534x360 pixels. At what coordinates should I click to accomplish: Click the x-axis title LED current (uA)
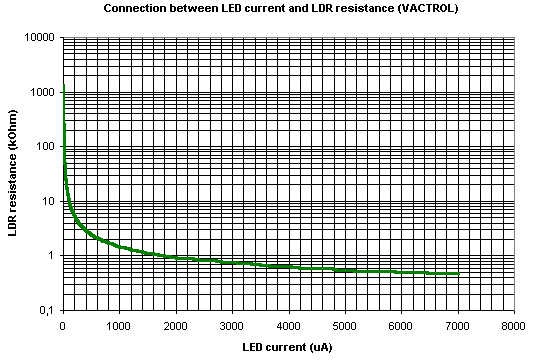[x=288, y=347]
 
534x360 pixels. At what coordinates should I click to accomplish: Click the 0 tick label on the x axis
[x=63, y=325]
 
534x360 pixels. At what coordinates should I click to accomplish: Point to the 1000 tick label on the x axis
[x=119, y=325]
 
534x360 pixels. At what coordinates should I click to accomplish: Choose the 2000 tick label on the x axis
[x=176, y=325]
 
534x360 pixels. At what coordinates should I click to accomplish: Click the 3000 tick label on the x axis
[x=232, y=325]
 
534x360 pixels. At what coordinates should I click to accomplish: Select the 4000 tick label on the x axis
[x=289, y=325]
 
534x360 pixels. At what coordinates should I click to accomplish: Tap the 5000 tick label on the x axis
[x=345, y=325]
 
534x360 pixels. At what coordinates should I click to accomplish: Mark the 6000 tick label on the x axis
[x=401, y=325]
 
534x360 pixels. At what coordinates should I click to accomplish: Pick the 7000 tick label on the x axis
[x=458, y=325]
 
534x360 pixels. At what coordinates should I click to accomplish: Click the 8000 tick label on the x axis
[x=514, y=325]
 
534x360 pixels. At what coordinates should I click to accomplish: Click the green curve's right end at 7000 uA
[x=457, y=274]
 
